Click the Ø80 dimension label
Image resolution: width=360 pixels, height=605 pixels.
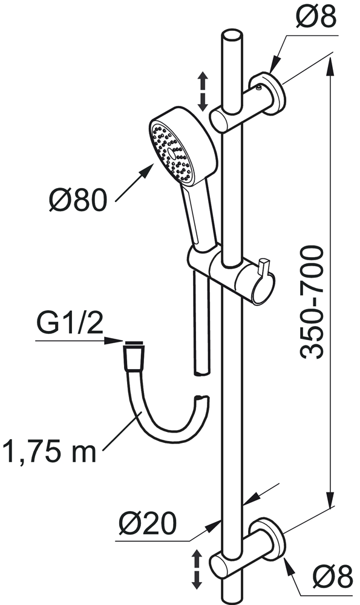click(x=77, y=200)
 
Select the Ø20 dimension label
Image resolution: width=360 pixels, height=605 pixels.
click(x=148, y=523)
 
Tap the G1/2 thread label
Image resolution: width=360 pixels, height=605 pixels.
click(x=70, y=322)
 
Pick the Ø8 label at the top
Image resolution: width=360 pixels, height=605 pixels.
click(x=315, y=16)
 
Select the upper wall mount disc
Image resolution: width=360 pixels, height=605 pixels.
click(x=268, y=94)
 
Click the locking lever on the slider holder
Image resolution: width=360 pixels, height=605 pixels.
click(x=264, y=268)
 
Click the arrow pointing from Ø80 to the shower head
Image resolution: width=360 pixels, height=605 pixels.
click(x=135, y=183)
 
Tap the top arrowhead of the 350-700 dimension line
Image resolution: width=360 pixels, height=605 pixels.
click(x=329, y=67)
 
